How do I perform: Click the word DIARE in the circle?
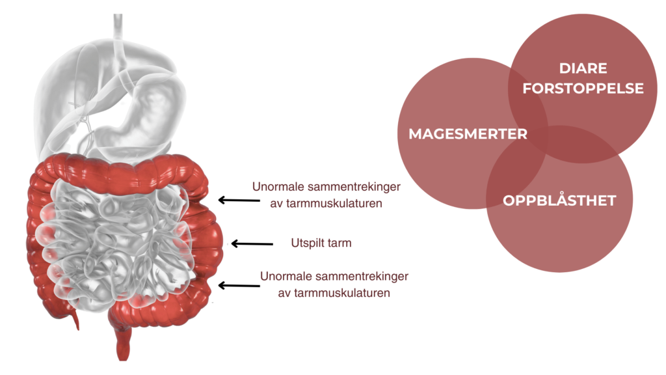pyautogui.click(x=583, y=68)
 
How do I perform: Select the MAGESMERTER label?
pyautogui.click(x=468, y=134)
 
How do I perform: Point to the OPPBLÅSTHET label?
pyautogui.click(x=559, y=201)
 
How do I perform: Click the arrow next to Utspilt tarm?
pyautogui.click(x=252, y=244)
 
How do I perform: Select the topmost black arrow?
pyautogui.click(x=238, y=201)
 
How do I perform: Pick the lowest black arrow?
pyautogui.click(x=238, y=285)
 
